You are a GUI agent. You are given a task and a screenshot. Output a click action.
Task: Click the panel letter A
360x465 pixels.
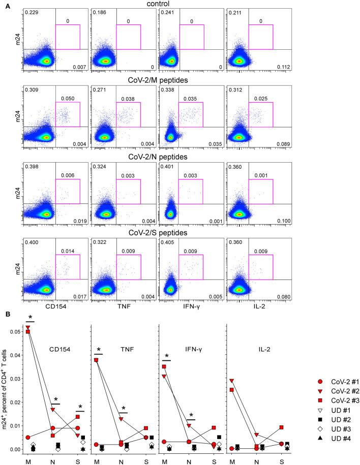point(6,5)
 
